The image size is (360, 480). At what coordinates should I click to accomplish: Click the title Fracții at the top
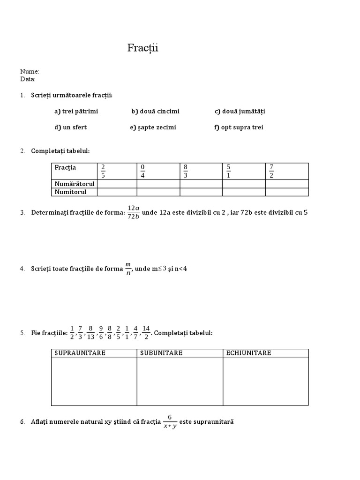[x=143, y=48]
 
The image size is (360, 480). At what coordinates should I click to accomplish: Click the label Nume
[x=30, y=71]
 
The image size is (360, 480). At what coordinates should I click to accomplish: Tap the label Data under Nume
[x=28, y=79]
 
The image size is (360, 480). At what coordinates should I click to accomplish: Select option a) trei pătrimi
[x=76, y=111]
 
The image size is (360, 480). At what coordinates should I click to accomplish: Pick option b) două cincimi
[x=155, y=111]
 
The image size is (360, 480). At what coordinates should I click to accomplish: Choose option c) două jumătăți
[x=240, y=111]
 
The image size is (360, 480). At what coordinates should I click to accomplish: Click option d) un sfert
[x=70, y=127]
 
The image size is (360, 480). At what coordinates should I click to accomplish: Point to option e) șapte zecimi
[x=153, y=127]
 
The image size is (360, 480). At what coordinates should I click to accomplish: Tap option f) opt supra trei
[x=239, y=127]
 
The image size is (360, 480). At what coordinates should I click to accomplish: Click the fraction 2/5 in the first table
[x=103, y=171]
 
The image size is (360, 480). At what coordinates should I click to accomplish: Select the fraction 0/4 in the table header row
[x=143, y=171]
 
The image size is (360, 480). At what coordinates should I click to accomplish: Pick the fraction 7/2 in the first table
[x=271, y=171]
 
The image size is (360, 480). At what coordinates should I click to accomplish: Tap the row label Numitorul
[x=71, y=192]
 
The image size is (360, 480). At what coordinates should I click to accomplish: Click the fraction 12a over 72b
[x=134, y=212]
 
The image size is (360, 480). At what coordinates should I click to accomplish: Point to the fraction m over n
[x=128, y=269]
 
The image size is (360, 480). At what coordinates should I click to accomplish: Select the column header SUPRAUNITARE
[x=80, y=353]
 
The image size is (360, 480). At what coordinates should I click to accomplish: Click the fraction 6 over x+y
[x=170, y=422]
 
